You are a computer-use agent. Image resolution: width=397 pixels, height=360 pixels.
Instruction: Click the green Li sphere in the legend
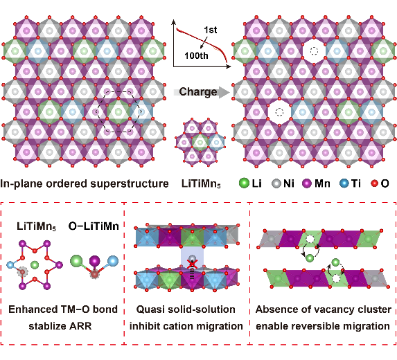[244, 183]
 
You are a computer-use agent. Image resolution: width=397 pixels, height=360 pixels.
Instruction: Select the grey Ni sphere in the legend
[276, 183]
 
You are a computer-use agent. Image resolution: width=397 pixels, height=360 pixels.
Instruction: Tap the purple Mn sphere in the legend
[307, 183]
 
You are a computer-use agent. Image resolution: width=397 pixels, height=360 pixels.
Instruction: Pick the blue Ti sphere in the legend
[344, 183]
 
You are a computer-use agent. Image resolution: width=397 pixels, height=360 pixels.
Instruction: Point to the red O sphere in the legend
[374, 183]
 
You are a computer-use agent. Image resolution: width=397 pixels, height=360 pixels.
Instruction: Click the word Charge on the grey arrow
[198, 92]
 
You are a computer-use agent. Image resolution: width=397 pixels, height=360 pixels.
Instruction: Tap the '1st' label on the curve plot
[211, 30]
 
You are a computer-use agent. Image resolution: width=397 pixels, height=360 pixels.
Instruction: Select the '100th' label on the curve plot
[196, 55]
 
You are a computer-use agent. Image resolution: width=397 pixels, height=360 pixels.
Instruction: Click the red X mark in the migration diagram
[193, 264]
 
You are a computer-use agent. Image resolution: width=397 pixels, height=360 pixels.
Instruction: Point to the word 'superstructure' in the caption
[129, 183]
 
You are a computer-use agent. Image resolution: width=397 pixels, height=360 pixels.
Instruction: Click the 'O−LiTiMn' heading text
[94, 226]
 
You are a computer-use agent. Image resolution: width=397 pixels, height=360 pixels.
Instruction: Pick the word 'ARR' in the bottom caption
[82, 326]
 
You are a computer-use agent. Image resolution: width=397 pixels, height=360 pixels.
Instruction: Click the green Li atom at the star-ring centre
[35, 265]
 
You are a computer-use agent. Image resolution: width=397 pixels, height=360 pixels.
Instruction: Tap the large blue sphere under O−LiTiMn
[113, 261]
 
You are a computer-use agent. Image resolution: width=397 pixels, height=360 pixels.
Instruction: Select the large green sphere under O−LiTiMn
[76, 261]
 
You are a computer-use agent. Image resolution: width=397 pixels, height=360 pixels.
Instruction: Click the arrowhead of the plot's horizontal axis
[229, 66]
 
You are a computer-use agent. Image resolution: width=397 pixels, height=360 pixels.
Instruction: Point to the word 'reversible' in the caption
[318, 326]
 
